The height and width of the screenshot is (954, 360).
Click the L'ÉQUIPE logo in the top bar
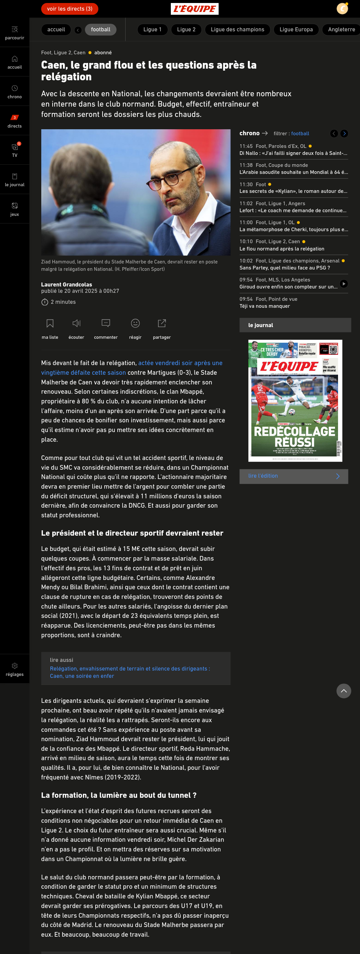point(194,9)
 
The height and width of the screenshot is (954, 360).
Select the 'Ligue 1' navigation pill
point(152,30)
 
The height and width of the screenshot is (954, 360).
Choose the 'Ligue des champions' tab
point(237,30)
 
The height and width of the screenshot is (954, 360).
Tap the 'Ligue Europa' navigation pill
point(296,30)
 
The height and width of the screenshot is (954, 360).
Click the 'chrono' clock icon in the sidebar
point(14,88)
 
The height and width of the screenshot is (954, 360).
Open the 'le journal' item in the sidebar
point(14,180)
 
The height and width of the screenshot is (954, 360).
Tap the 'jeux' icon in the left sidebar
point(14,206)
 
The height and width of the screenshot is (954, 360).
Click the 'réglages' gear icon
point(14,666)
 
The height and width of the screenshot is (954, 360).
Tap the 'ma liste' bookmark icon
point(50,323)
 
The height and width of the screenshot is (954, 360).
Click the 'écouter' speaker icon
point(76,323)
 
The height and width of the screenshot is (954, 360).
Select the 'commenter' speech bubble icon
point(106,323)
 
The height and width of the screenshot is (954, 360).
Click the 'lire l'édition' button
point(293,476)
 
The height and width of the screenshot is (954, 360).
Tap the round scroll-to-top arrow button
point(343,691)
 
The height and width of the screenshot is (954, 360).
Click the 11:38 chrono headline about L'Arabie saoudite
point(293,172)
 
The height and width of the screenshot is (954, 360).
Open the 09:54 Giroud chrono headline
point(288,287)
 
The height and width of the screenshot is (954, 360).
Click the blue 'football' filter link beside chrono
point(300,134)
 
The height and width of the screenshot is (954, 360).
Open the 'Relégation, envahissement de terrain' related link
point(130,672)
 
